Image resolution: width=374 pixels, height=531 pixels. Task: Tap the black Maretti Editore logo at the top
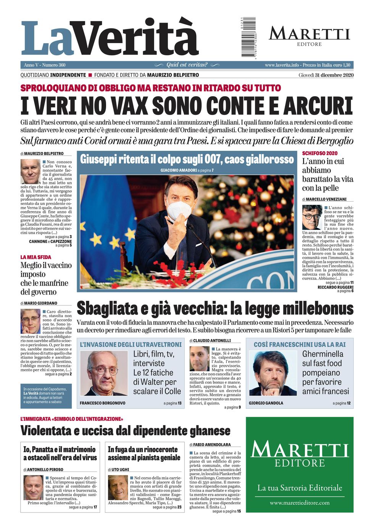click(309, 36)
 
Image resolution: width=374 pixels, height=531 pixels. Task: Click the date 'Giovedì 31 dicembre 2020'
click(326, 75)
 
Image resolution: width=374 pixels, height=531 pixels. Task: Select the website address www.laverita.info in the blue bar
click(282, 65)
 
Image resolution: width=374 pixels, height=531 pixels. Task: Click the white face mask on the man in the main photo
click(179, 210)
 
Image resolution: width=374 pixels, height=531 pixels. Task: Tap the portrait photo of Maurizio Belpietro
click(30, 172)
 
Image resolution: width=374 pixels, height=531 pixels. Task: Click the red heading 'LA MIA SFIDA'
click(35, 257)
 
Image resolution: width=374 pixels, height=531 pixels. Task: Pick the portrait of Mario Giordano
click(31, 321)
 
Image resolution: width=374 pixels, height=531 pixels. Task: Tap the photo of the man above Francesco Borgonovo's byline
click(104, 373)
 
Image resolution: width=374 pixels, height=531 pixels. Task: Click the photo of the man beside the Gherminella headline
click(272, 373)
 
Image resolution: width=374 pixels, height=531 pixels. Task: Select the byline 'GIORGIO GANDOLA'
click(266, 403)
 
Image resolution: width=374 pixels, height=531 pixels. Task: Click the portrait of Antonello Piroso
click(33, 487)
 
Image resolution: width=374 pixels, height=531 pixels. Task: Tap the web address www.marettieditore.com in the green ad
click(300, 503)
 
